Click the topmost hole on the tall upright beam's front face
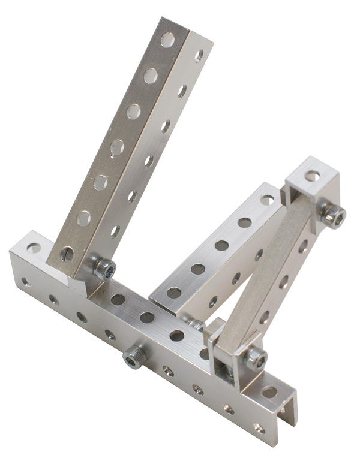pos(167,40)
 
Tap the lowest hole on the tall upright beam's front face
pos(67,254)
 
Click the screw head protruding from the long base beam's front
pos(133,357)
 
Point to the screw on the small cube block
pos(332,215)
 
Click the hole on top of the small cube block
pos(312,176)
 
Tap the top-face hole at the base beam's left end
pos(34,247)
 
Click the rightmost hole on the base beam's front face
pos(259,428)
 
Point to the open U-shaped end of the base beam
pos(287,414)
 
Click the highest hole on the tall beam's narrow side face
pos(199,55)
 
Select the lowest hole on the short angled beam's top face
pos(175,293)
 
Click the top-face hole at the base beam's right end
pos(269,392)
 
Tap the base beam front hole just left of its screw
pos(110,335)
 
